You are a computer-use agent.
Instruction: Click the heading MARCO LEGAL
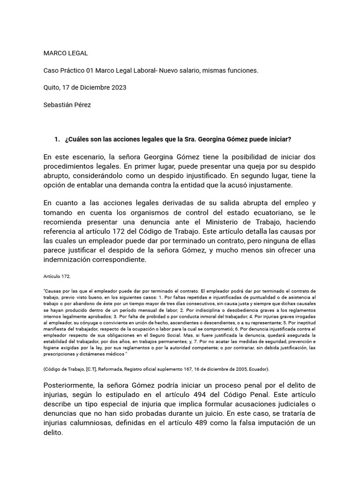pos(65,53)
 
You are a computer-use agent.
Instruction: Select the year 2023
pos(118,88)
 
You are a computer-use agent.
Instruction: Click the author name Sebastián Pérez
pos(67,105)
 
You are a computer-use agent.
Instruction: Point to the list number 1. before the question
pos(57,139)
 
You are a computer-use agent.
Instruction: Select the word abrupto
pos(58,176)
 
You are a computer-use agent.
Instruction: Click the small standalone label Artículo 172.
pos(57,277)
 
